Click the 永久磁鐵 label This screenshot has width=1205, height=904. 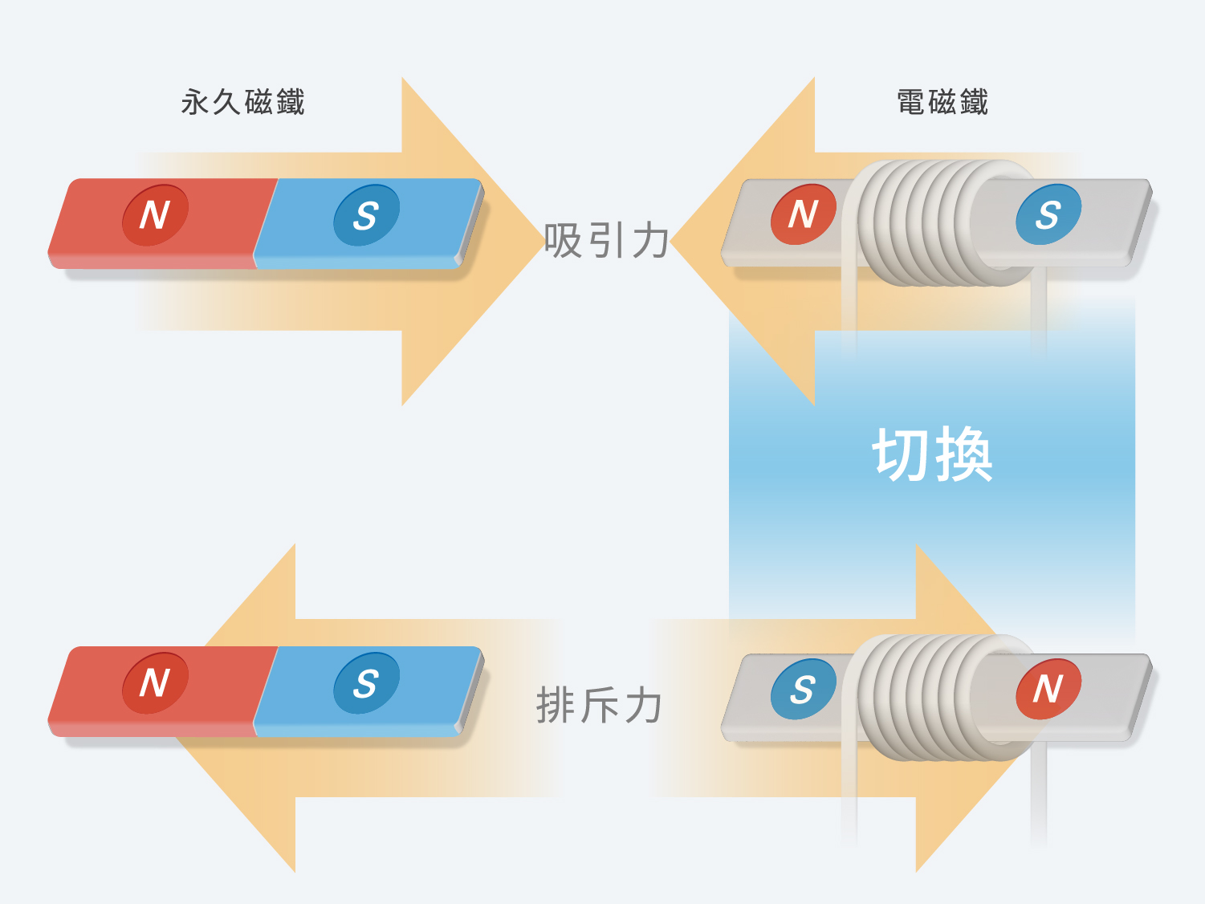242,102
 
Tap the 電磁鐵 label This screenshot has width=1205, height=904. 942,102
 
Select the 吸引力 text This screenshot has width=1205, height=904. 606,240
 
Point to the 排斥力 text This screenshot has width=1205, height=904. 599,706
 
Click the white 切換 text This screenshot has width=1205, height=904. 933,454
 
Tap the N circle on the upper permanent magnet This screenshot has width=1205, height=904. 156,214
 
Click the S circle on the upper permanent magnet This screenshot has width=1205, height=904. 367,214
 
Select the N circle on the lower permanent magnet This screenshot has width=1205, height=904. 156,682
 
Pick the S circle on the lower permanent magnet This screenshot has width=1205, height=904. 367,682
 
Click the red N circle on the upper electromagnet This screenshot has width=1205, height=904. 804,214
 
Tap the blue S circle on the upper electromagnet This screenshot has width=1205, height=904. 1048,214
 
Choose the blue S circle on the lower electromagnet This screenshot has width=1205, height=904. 804,689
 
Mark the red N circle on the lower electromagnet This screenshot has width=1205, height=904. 1048,689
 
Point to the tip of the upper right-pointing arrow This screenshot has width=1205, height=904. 543,241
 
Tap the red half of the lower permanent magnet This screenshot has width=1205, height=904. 162,691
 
